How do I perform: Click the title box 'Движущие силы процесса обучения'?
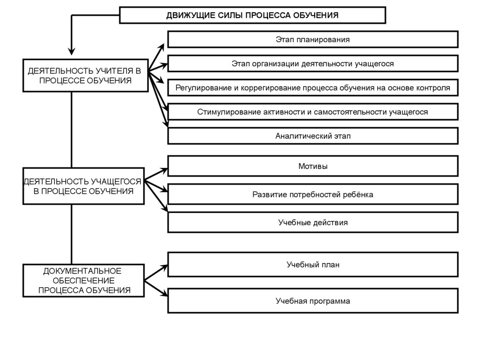tap(252, 15)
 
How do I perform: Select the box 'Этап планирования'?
tap(313, 39)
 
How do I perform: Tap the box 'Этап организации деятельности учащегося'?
tap(313, 63)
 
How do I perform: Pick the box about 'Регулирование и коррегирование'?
tap(313, 88)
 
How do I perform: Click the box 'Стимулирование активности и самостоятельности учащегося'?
tap(313, 112)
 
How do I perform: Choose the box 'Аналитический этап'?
tap(313, 136)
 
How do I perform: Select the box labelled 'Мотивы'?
tap(313, 166)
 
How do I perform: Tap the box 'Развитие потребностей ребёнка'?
tap(313, 194)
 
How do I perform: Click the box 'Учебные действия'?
tap(313, 222)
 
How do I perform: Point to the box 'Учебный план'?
tap(313, 265)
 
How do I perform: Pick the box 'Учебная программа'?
tap(313, 301)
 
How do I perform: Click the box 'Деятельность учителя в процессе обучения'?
tap(85, 76)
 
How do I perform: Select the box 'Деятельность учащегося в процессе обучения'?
tap(83, 186)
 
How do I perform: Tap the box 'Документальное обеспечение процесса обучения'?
tap(84, 281)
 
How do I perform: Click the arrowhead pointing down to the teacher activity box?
tap(71, 51)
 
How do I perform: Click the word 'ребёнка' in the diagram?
tap(359, 194)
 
